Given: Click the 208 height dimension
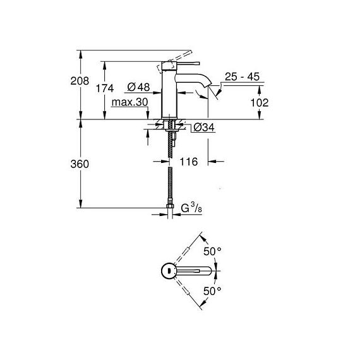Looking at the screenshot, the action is (x=80, y=81).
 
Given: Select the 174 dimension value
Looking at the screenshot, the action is (x=105, y=88).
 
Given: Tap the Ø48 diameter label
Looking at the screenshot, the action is (x=138, y=87).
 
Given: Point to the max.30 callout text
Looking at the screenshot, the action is (x=129, y=102).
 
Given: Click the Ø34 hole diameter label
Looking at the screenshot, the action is (x=204, y=128).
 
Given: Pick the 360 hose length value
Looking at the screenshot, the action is (x=80, y=164).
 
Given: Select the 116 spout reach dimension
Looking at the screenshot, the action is (x=188, y=162).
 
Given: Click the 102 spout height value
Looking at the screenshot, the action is (x=260, y=102).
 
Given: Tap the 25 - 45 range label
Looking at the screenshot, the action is (x=243, y=76).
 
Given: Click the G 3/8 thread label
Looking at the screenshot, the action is (x=191, y=208).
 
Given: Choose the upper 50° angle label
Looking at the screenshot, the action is (x=212, y=251).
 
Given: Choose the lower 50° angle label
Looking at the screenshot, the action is (x=212, y=291).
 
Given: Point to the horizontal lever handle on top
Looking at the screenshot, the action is (x=188, y=63).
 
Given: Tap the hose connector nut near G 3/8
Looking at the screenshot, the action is (x=170, y=205).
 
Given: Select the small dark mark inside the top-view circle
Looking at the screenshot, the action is (x=169, y=271).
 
